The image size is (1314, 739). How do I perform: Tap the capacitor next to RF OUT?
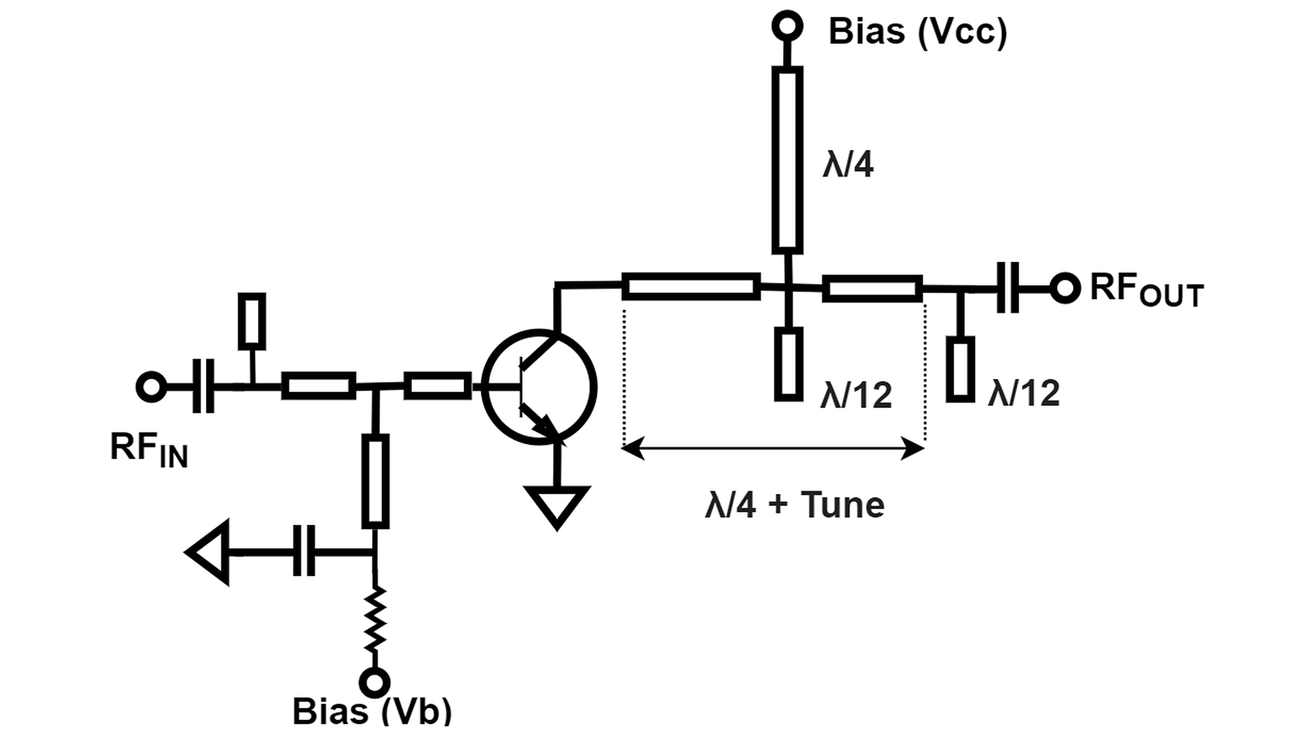point(1007,287)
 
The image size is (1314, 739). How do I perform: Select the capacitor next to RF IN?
point(203,387)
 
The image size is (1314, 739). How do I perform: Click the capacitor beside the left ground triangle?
point(305,551)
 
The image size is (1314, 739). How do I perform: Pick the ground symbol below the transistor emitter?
point(557,506)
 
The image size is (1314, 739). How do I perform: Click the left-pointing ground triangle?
point(208,552)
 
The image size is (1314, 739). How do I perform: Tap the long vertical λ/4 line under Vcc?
point(788,160)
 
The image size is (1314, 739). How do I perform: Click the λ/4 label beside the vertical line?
point(848,165)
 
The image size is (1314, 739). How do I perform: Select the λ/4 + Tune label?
point(795,505)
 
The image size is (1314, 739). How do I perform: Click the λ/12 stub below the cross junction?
point(788,363)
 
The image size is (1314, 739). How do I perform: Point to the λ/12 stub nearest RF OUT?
point(960,368)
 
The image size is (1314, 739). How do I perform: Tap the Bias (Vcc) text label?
point(918,31)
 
